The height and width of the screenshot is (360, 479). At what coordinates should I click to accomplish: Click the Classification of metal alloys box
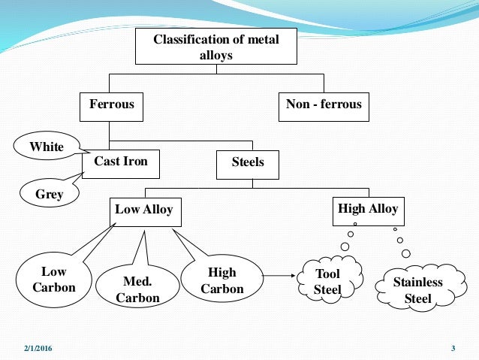tap(215, 47)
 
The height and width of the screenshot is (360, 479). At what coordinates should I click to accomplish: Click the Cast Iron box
tap(121, 162)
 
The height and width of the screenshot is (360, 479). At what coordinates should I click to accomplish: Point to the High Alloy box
tap(368, 210)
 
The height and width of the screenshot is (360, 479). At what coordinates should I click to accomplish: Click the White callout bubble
tap(47, 147)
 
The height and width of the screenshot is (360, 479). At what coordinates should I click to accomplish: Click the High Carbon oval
tap(222, 280)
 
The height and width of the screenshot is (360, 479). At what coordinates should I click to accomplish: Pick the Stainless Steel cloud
tap(418, 290)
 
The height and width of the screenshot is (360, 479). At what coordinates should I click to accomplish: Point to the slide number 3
tap(453, 348)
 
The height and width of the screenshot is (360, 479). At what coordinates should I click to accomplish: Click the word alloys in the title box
tap(215, 54)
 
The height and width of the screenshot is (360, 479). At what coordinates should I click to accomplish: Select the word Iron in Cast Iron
tap(135, 162)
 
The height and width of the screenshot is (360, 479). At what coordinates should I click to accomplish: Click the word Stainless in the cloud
tap(418, 283)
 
